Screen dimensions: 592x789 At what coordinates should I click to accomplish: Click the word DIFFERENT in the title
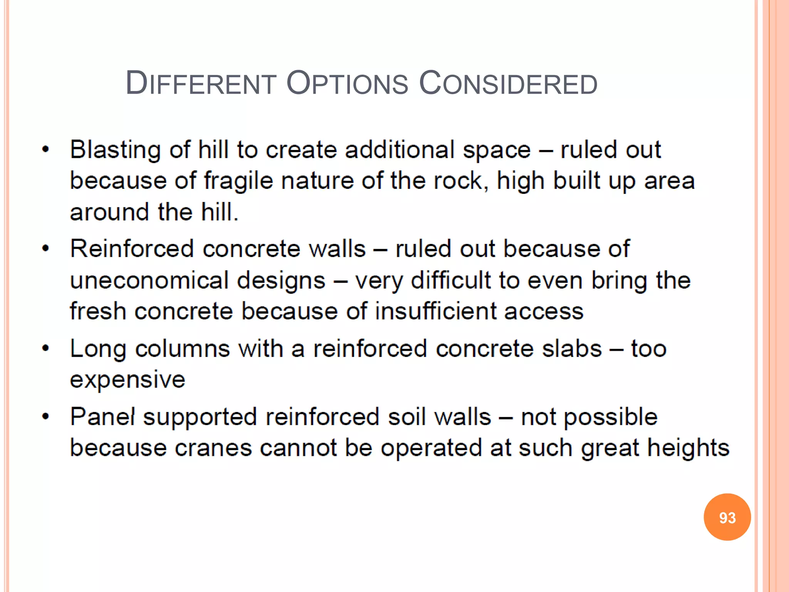pyautogui.click(x=201, y=84)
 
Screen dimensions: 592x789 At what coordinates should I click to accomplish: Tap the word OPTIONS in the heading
pyautogui.click(x=347, y=84)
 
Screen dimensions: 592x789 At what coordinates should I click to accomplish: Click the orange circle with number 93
pyautogui.click(x=727, y=517)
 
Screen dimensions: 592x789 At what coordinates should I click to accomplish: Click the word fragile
pyautogui.click(x=238, y=181)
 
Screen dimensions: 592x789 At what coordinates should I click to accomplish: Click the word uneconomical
pyautogui.click(x=149, y=280)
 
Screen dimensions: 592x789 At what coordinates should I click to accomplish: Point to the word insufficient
pyautogui.click(x=435, y=311)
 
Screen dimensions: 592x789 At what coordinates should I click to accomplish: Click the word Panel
pyautogui.click(x=102, y=417)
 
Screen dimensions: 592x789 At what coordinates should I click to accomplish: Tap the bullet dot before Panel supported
pyautogui.click(x=46, y=417)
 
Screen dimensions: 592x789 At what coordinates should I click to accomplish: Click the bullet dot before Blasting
pyautogui.click(x=46, y=150)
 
